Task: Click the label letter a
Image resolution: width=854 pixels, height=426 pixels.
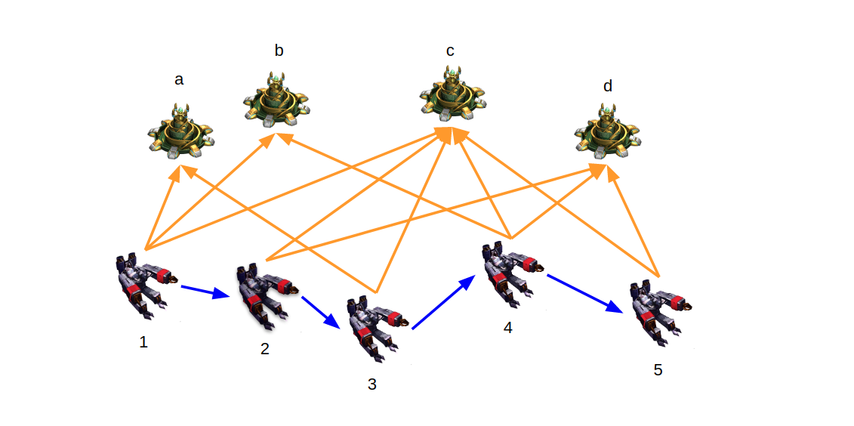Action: tap(179, 79)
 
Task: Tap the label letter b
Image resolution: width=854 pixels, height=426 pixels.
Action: tap(279, 51)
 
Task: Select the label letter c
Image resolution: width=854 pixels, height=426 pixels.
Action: tap(450, 51)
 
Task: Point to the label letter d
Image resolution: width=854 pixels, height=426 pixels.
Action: tap(608, 86)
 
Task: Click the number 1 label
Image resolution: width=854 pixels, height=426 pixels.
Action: tap(143, 342)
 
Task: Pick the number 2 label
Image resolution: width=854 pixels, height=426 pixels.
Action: tap(264, 349)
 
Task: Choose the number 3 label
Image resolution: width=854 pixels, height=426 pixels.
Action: tap(372, 384)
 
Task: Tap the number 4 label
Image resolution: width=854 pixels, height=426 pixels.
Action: tap(507, 328)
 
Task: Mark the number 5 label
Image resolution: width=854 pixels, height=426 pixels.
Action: tap(658, 370)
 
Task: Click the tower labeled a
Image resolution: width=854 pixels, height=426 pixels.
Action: tap(180, 132)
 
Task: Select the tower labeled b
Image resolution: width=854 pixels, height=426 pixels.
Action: tap(276, 99)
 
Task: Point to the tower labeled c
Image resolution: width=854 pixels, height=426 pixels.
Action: tap(452, 94)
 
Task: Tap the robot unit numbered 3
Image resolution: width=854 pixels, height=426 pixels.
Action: tap(375, 327)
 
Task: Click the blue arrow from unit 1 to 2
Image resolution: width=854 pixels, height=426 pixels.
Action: tap(205, 291)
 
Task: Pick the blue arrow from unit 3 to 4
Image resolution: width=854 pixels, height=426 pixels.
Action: tap(443, 302)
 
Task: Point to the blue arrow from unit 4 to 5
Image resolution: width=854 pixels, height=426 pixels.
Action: tap(584, 293)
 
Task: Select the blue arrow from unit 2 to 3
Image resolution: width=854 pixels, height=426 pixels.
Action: tap(321, 311)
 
